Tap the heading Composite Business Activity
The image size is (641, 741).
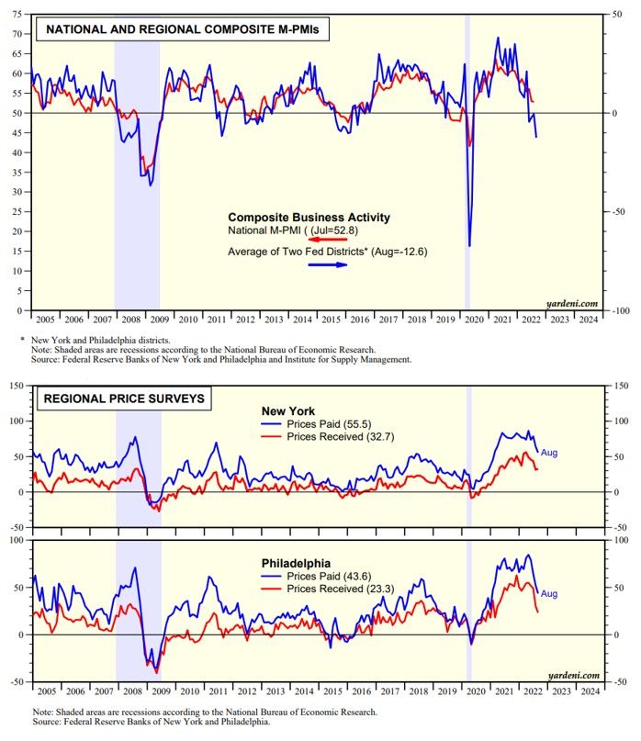pos(309,218)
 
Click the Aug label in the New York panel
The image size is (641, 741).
pos(549,453)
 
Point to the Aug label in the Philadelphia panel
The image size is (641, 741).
pos(549,594)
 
